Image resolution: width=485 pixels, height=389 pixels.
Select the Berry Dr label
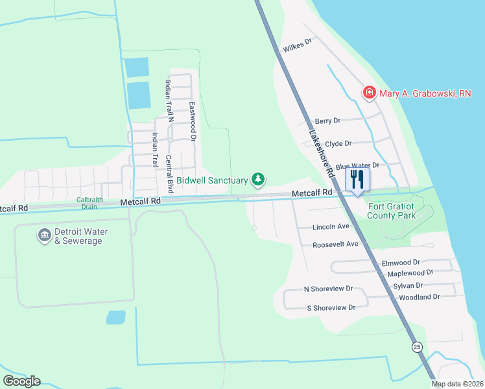(x=327, y=121)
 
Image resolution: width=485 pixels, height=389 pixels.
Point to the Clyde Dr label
(x=338, y=144)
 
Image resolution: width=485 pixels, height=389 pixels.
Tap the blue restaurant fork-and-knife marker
(x=357, y=180)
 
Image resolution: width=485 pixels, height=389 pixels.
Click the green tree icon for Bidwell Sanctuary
(x=259, y=178)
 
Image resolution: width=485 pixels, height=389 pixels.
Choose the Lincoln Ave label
(x=331, y=227)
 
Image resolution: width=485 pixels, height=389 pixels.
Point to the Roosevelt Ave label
(x=335, y=245)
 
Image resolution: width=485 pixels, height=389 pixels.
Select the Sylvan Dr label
(x=408, y=285)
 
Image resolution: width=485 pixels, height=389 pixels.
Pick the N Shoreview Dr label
(x=329, y=289)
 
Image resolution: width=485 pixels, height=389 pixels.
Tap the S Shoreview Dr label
(x=331, y=307)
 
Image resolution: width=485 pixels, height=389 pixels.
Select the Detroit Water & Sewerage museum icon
(x=45, y=235)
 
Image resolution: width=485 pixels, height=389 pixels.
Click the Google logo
(x=21, y=381)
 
